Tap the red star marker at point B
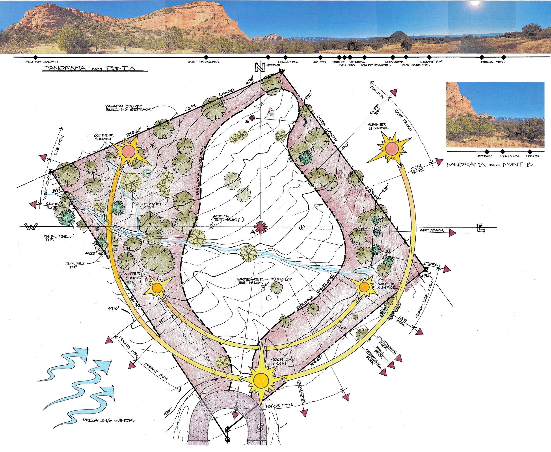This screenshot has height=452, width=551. click(x=252, y=118)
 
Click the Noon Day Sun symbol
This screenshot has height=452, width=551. click(x=261, y=378)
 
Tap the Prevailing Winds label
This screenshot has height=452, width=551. click(x=108, y=421)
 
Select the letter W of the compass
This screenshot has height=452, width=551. click(x=31, y=227)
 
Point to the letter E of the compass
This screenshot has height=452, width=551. click(x=481, y=228)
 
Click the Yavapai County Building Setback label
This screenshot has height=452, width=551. click(x=128, y=108)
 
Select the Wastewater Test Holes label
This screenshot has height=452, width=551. click(x=250, y=281)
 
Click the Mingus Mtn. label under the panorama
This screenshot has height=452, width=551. click(x=493, y=62)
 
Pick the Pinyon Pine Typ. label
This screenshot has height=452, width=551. click(x=56, y=238)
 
